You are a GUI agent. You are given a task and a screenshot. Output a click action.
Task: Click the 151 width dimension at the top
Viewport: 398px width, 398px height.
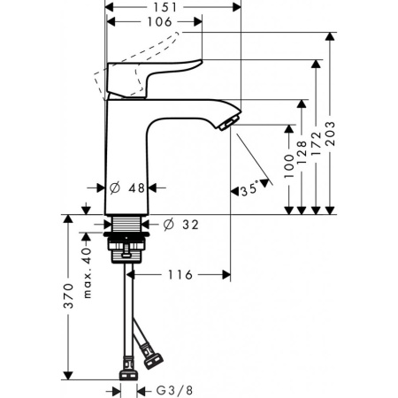pyautogui.click(x=172, y=8)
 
